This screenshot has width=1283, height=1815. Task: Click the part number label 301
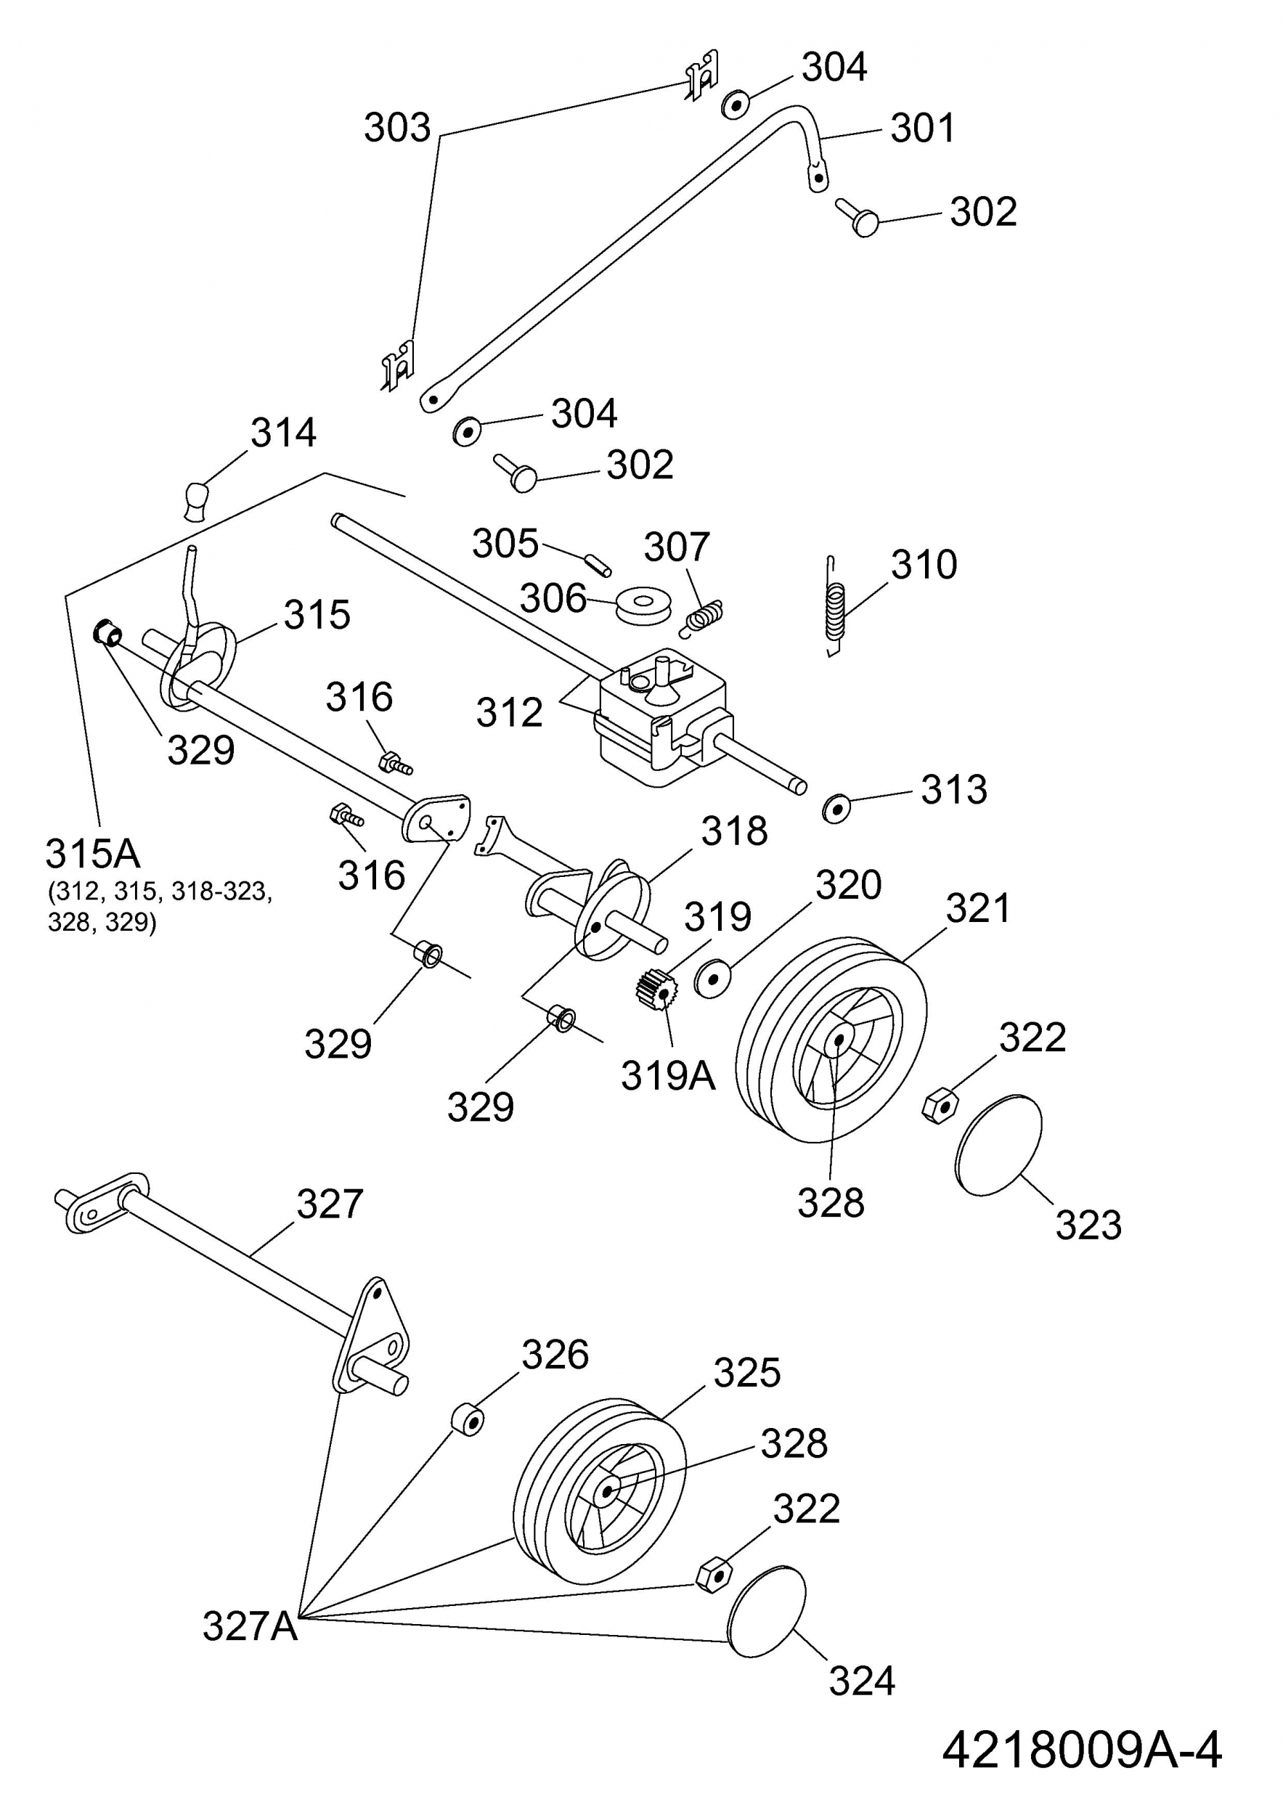coord(923,127)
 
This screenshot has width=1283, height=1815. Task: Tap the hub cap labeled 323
coord(998,1145)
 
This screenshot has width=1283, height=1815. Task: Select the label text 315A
coord(92,854)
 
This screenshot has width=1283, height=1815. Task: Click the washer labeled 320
coord(713,979)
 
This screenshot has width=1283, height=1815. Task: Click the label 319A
coord(667,1075)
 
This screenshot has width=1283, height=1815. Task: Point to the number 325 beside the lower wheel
coord(747,1373)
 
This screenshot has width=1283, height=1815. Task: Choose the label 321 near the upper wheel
coord(978,908)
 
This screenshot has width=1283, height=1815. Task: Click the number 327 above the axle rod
coord(330,1204)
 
